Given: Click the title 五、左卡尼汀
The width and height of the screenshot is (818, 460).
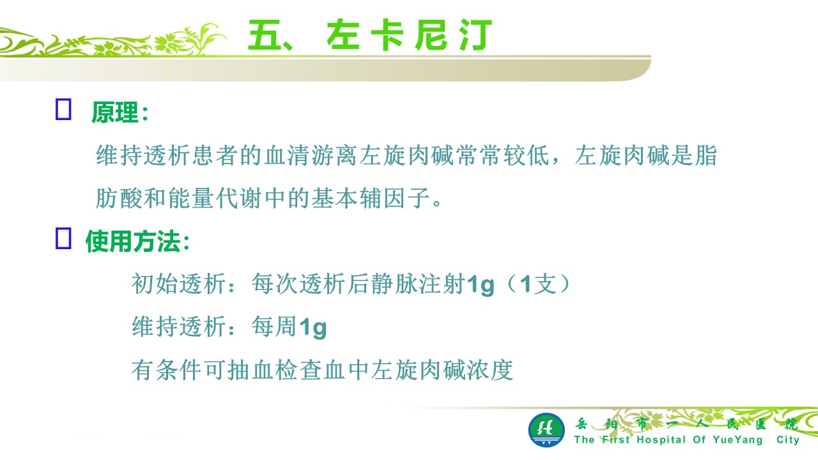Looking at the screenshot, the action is pyautogui.click(x=370, y=35).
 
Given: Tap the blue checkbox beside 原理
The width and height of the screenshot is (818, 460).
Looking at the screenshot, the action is pyautogui.click(x=63, y=109).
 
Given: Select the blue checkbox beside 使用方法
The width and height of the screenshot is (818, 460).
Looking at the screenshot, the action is pyautogui.click(x=63, y=239).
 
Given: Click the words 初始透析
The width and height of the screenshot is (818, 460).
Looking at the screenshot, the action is pyautogui.click(x=178, y=284).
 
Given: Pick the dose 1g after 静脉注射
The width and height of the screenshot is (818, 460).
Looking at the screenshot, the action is pyautogui.click(x=480, y=285).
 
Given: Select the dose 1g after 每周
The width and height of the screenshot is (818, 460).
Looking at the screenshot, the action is pyautogui.click(x=313, y=328).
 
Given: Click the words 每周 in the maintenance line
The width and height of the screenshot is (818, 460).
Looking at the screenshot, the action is pyautogui.click(x=274, y=326).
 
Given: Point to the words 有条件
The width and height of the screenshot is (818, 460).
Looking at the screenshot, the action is pyautogui.click(x=167, y=370).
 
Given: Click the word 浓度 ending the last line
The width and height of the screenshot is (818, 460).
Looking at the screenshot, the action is pyautogui.click(x=490, y=370).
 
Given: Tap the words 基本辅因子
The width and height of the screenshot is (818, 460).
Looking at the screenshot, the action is pyautogui.click(x=371, y=197).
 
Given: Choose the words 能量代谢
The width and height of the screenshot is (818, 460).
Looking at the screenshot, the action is pyautogui.click(x=215, y=197).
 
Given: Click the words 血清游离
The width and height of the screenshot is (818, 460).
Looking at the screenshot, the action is pyautogui.click(x=311, y=155).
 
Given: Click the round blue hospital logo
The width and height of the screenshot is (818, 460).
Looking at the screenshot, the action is pyautogui.click(x=546, y=430).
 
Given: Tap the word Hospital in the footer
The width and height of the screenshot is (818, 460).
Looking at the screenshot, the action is pyautogui.click(x=661, y=440).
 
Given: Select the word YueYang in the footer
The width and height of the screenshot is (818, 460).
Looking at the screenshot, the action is pyautogui.click(x=738, y=440).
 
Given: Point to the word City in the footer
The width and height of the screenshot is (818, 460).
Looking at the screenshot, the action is pyautogui.click(x=788, y=440).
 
